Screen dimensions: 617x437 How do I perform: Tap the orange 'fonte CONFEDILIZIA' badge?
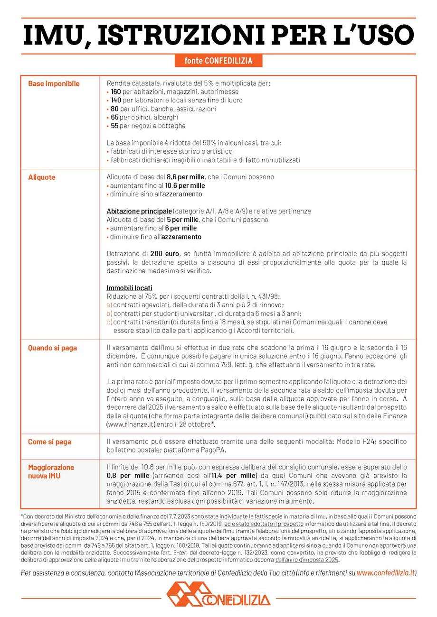tap(218, 61)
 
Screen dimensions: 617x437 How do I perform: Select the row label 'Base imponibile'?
tap(54, 83)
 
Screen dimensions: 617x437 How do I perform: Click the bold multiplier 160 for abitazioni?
tap(116, 92)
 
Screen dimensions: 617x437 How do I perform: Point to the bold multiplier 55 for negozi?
tap(114, 126)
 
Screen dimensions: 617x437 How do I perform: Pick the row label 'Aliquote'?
tap(42, 177)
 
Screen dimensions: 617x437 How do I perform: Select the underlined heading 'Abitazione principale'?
tap(139, 211)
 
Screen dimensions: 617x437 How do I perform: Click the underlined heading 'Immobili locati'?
tap(129, 288)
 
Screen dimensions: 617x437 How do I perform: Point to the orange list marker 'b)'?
tap(109, 313)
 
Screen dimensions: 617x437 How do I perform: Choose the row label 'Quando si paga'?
tap(52, 348)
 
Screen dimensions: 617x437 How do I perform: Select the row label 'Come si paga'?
tap(50, 442)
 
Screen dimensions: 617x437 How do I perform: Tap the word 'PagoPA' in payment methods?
tap(213, 450)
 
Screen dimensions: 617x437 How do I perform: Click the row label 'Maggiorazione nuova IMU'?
tap(51, 471)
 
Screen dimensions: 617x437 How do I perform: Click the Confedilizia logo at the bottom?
tap(218, 595)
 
